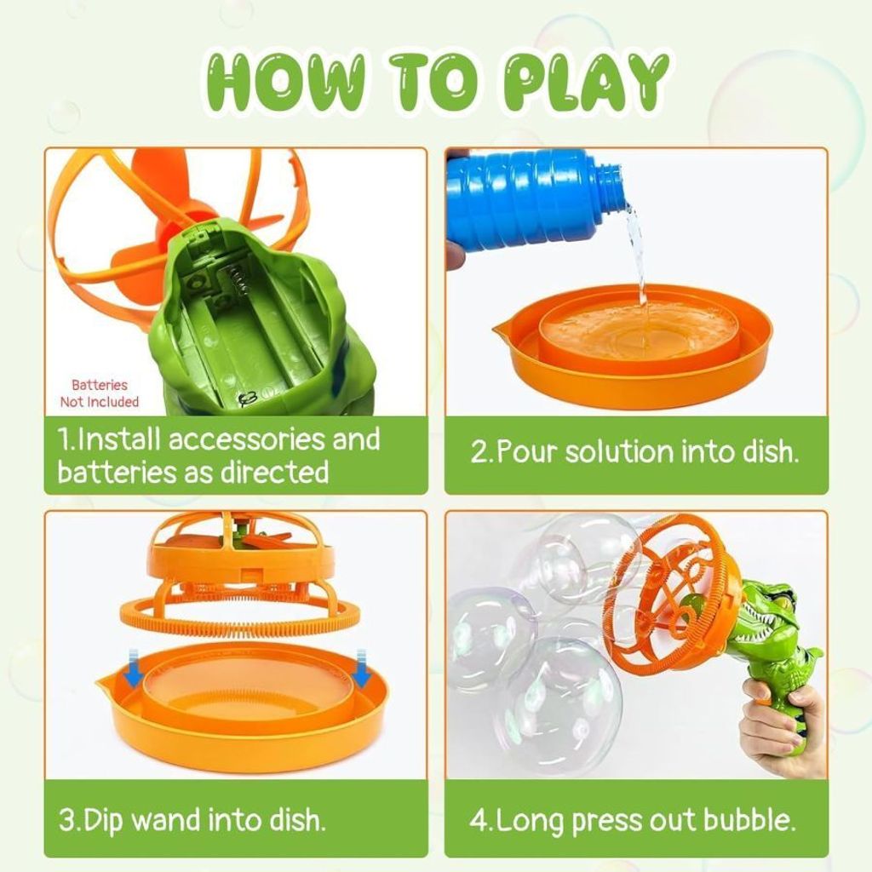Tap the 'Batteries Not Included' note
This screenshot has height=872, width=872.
point(100,393)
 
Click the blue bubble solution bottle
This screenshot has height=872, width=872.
point(535,203)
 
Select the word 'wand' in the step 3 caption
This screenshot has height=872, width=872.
point(166,820)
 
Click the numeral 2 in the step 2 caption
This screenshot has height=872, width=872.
point(478,451)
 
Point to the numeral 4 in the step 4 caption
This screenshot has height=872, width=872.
point(478,821)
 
